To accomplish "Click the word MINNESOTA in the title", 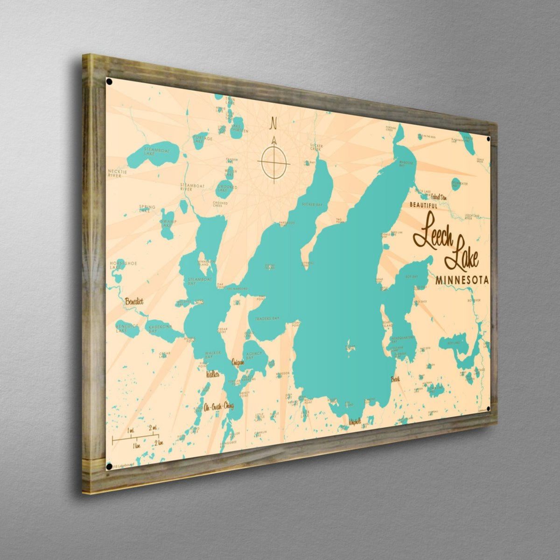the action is (x=462, y=280).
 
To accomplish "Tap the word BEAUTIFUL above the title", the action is (x=423, y=205).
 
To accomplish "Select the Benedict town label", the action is (x=134, y=302).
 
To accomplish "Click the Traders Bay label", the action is (x=266, y=319).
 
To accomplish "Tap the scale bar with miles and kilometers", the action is (x=136, y=438).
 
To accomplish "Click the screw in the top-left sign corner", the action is (x=109, y=82).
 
